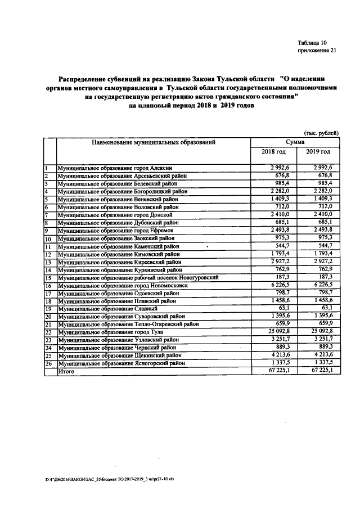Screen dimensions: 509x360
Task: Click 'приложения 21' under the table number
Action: (317, 51)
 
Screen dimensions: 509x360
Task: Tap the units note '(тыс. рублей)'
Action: (321, 133)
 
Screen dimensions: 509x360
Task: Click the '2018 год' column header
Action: (274, 152)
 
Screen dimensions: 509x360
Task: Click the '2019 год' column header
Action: (318, 152)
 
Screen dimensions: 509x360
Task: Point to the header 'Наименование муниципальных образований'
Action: (154, 143)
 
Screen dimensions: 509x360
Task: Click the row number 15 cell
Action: (48, 278)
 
